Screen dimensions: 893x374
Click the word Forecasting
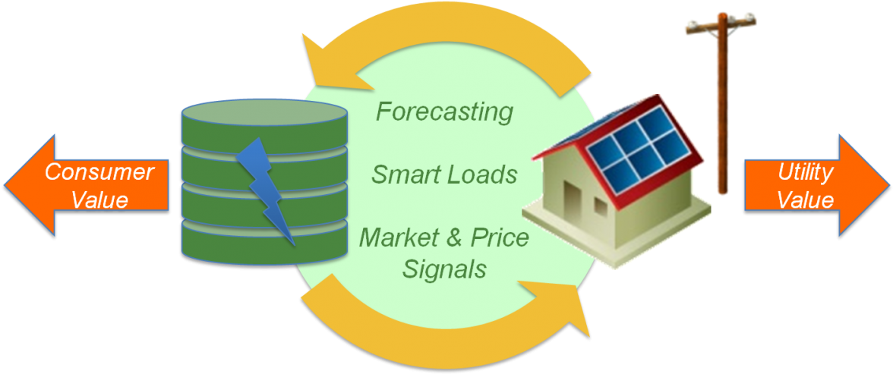point(444,112)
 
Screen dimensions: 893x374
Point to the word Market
point(399,237)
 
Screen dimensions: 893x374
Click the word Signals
point(444,269)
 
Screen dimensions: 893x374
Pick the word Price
point(500,237)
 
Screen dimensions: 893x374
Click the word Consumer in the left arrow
point(99,172)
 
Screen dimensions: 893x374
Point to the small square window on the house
point(601,206)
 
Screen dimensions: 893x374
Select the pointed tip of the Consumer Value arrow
point(5,185)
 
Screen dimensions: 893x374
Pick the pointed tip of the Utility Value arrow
point(888,185)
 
